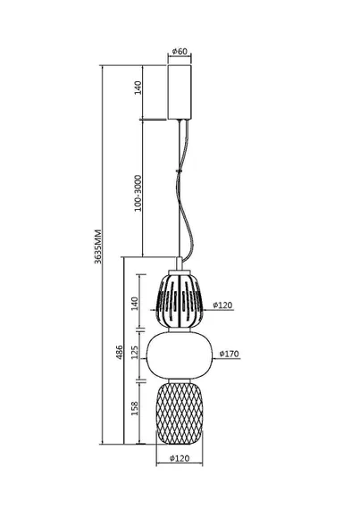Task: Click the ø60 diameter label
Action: click(x=180, y=51)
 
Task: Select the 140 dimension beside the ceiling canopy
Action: click(x=138, y=88)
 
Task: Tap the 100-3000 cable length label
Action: click(x=138, y=193)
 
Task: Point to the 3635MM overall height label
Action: click(x=98, y=246)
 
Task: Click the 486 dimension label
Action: click(x=120, y=352)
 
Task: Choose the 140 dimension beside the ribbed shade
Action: click(x=135, y=304)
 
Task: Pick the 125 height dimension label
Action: click(x=135, y=352)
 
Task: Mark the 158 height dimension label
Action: click(x=135, y=408)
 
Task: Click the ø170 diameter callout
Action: click(x=230, y=354)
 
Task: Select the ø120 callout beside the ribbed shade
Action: click(x=222, y=305)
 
